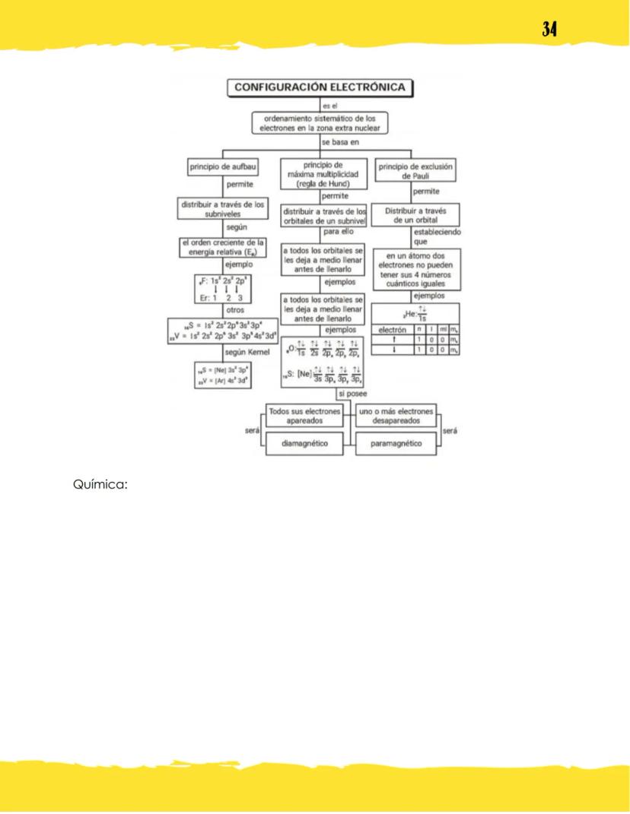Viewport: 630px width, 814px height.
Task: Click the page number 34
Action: (550, 29)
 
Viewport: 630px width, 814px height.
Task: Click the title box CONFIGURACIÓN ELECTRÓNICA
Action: (319, 88)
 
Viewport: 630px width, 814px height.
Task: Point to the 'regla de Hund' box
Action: (324, 173)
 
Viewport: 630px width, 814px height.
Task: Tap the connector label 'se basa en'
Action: (340, 142)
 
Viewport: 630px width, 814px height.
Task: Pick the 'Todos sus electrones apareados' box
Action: (307, 415)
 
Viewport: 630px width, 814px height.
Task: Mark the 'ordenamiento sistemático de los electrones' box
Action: (320, 124)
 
